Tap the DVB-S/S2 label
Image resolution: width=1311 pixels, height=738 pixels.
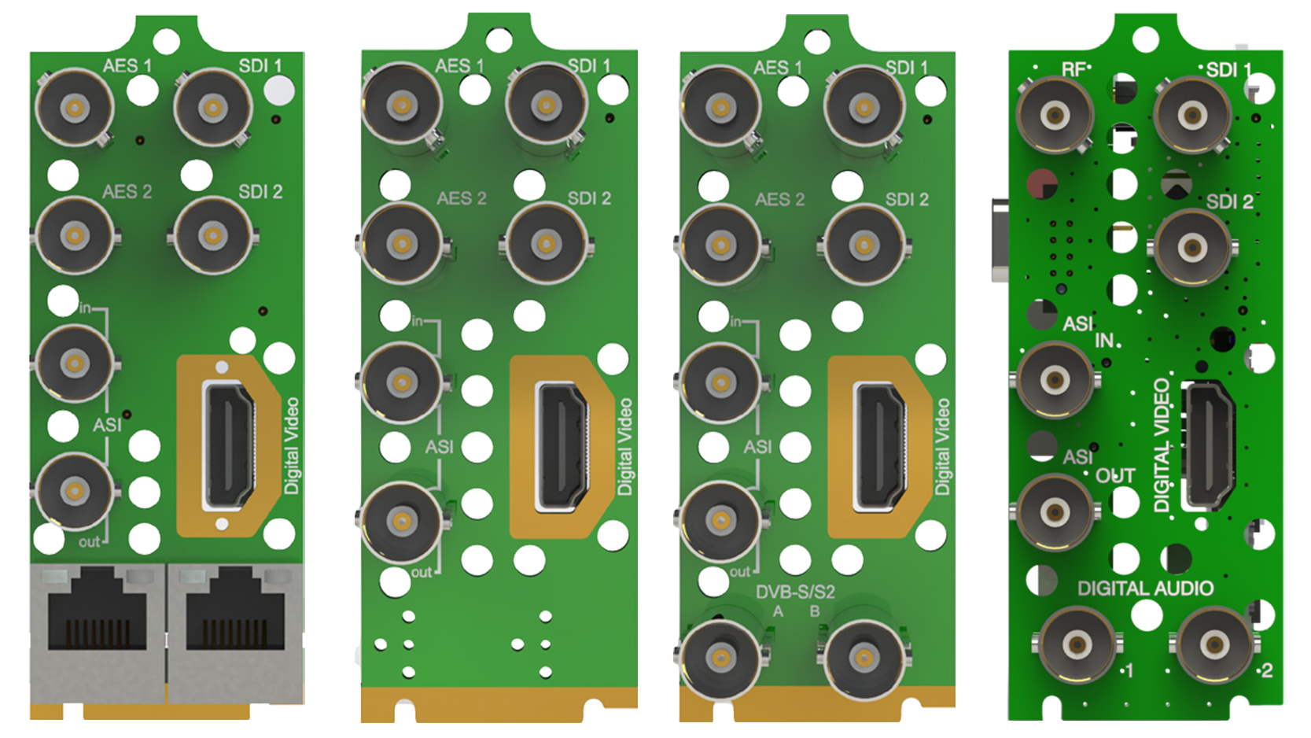click(x=795, y=592)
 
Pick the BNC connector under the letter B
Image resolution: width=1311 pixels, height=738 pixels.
click(x=864, y=658)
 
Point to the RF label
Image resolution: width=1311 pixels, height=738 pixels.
click(x=1073, y=70)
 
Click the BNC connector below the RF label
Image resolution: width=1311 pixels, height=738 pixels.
click(x=1055, y=116)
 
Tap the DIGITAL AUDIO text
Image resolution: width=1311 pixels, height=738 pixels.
click(x=1145, y=588)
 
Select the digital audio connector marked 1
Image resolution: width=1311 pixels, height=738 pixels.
click(x=1077, y=645)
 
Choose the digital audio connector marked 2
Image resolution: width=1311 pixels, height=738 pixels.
click(x=1214, y=645)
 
